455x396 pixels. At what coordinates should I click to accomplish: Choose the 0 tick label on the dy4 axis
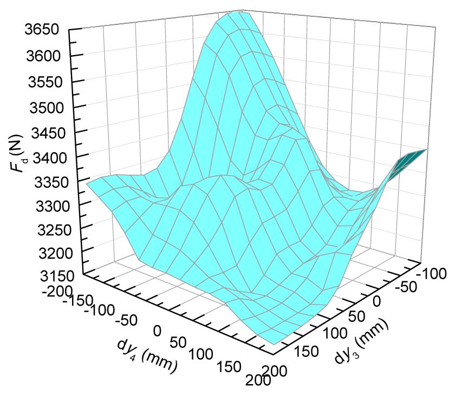(158, 330)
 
